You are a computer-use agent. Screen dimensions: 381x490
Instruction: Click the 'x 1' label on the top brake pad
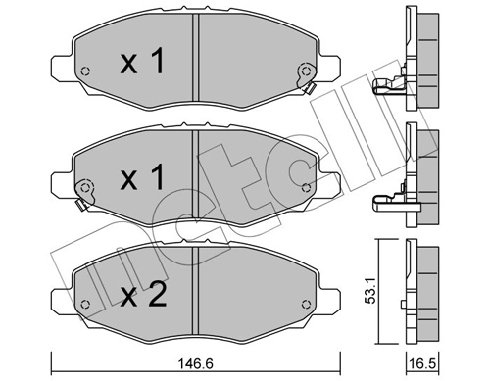point(139,65)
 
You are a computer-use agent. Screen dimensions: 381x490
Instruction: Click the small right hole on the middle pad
point(308,187)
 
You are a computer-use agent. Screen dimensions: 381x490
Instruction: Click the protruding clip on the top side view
point(388,89)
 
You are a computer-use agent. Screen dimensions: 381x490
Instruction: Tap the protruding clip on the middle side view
point(388,202)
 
